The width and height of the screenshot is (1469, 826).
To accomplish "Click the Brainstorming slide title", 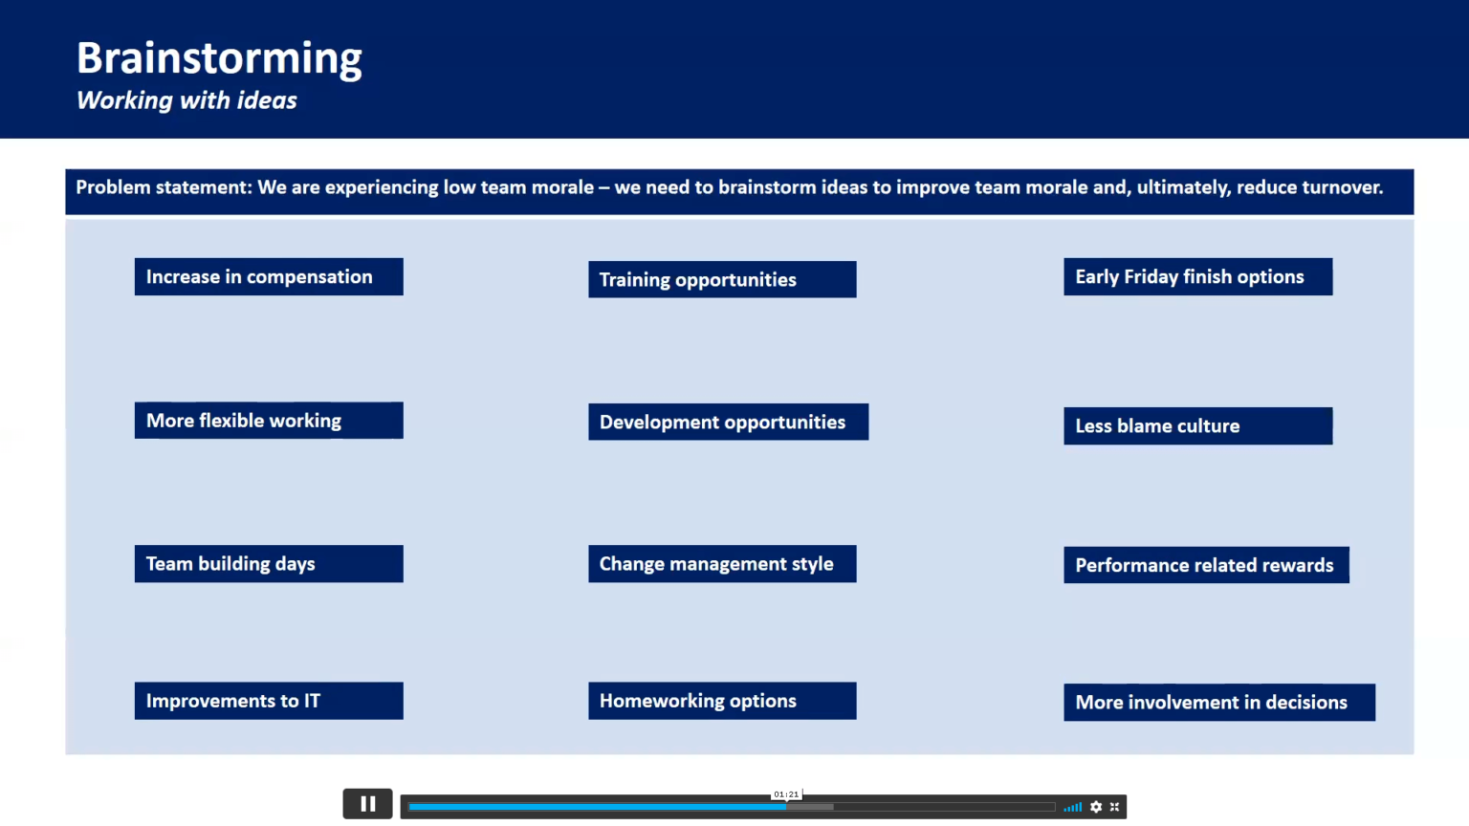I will click(219, 58).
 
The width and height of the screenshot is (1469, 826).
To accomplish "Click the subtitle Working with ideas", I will click(186, 100).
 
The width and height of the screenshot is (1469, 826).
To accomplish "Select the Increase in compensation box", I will click(269, 277).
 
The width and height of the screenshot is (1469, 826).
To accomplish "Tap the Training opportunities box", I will click(722, 280).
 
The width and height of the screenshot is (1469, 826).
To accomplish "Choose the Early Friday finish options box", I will click(1197, 277).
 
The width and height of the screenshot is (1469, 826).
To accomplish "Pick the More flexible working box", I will click(269, 421).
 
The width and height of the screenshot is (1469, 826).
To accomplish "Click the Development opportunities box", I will click(728, 423).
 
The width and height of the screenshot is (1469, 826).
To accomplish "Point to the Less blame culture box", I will click(1197, 426).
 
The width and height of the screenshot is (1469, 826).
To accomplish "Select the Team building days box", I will click(269, 564).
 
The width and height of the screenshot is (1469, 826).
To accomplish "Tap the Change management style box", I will click(722, 564).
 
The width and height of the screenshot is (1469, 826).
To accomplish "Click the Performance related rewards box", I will click(1206, 566).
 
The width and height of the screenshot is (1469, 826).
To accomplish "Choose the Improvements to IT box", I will click(269, 701).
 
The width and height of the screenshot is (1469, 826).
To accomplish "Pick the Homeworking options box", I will click(722, 701).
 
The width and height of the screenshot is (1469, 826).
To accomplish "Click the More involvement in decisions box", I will click(1218, 703).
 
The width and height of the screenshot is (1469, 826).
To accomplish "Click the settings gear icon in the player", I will click(1096, 807).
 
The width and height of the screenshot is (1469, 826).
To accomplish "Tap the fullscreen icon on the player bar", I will click(1114, 807).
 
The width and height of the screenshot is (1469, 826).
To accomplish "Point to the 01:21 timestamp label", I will click(786, 794).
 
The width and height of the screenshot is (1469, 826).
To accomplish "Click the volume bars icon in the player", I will click(1073, 807).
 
